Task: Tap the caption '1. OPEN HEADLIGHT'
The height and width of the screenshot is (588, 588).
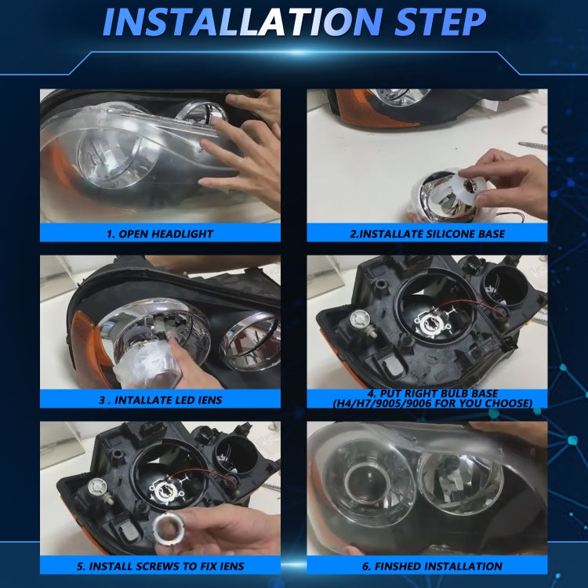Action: (160, 233)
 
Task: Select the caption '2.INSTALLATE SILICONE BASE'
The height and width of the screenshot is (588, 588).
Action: (426, 233)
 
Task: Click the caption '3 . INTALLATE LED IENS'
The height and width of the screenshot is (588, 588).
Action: (160, 399)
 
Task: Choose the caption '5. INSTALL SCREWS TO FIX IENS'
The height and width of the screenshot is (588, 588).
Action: (160, 565)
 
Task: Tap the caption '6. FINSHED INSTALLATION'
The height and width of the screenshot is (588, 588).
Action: (426, 565)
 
